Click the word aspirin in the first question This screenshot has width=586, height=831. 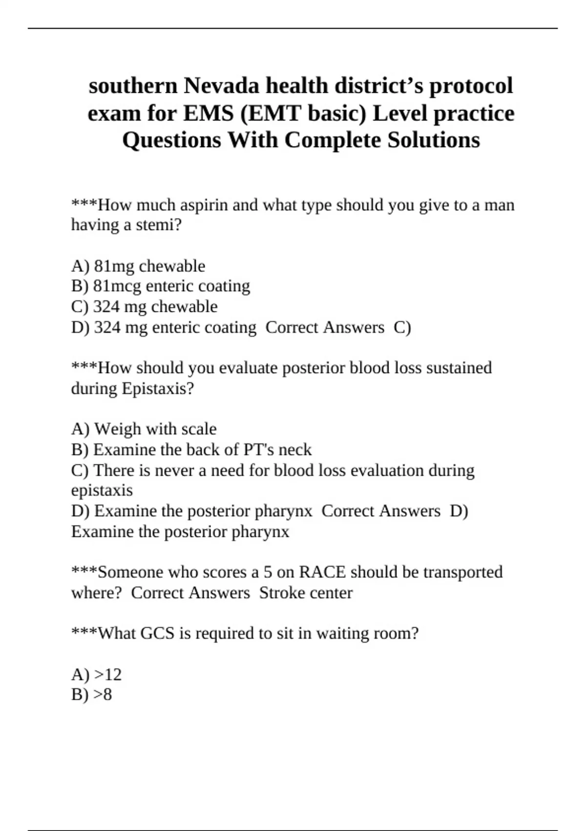204,205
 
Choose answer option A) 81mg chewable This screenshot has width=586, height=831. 138,266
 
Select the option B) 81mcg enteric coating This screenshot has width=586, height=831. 161,286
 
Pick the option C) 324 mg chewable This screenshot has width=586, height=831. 145,306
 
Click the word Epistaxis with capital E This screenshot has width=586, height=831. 158,389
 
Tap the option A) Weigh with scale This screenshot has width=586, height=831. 144,429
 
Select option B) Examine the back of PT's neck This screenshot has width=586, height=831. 191,450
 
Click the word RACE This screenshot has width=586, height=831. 322,572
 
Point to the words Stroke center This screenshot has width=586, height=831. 306,593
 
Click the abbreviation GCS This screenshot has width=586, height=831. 157,634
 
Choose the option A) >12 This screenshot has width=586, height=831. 97,675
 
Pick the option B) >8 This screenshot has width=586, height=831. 92,695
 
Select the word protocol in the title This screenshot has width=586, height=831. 471,86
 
